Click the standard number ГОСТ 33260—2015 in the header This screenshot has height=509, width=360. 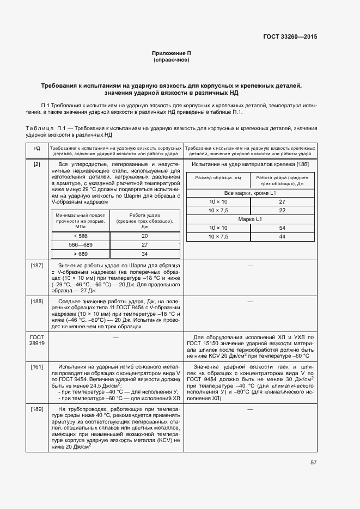(290, 37)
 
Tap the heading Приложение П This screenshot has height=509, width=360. (172, 53)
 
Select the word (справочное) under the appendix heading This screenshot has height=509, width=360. (172, 59)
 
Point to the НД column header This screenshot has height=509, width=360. (36, 148)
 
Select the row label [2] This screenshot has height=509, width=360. (36, 164)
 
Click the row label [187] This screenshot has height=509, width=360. (36, 265)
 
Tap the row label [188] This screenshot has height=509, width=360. (36, 301)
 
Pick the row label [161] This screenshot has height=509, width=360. (36, 367)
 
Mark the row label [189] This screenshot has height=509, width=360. (36, 409)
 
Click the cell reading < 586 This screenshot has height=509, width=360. (80, 236)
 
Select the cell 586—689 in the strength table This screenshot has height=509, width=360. (80, 245)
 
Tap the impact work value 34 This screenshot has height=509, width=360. (145, 254)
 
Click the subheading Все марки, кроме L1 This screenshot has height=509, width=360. (251, 193)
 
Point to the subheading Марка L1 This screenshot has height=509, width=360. (251, 219)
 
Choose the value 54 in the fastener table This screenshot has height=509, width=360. (282, 228)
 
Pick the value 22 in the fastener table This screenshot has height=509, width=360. (282, 210)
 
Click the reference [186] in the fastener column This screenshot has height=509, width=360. (303, 164)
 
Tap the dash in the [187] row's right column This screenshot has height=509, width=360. (251, 265)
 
